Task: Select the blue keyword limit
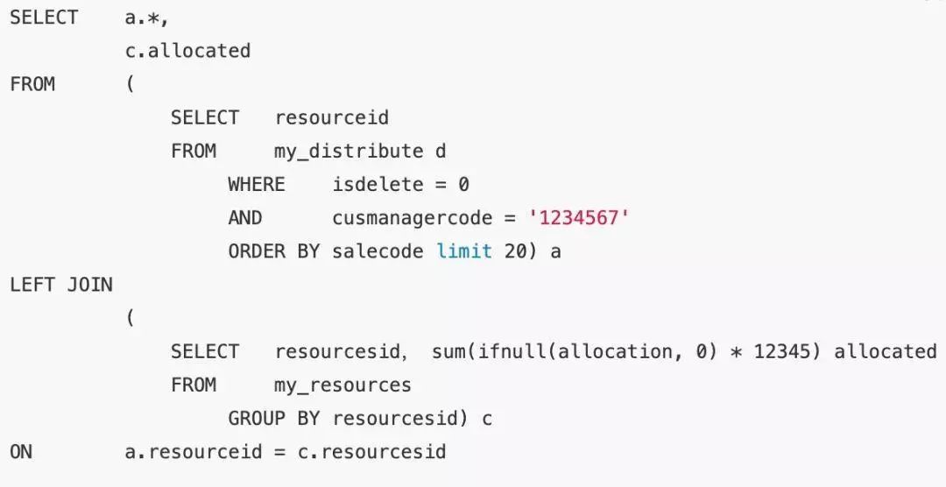coord(464,251)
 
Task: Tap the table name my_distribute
coord(349,151)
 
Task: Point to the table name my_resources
coord(342,385)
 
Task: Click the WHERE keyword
coord(257,184)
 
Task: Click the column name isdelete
coord(378,184)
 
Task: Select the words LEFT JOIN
coord(61,285)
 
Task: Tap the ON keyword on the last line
coord(21,452)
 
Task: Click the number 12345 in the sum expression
coord(782,351)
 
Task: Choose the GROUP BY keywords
coord(274,419)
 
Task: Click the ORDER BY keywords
coord(274,251)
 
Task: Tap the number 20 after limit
coord(516,251)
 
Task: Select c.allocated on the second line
coord(187,51)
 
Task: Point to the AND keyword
coord(245,217)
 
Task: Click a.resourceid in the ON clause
coord(194,452)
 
